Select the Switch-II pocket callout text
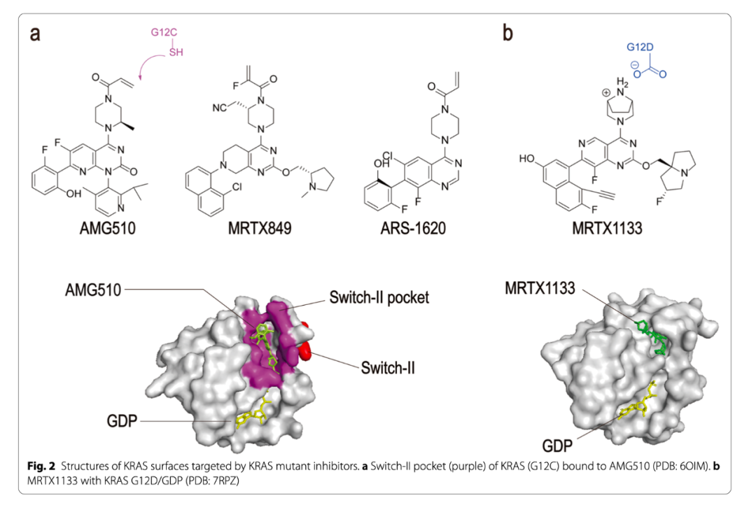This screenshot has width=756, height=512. tap(378, 297)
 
